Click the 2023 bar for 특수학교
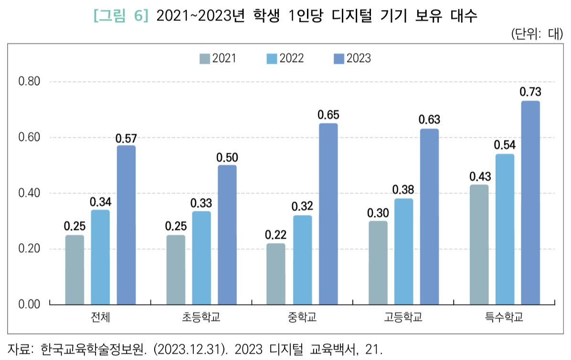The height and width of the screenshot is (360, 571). click(x=530, y=202)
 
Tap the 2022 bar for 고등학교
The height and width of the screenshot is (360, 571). click(x=403, y=251)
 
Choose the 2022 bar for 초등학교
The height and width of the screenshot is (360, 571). click(x=201, y=257)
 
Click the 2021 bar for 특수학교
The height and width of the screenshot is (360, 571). click(x=479, y=244)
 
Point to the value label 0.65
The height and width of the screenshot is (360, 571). click(x=328, y=115)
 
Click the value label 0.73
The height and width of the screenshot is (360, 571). click(x=530, y=92)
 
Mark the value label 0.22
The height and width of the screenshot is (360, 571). click(x=276, y=235)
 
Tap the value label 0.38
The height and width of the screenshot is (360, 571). click(x=403, y=190)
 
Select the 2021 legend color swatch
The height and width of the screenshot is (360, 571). click(x=205, y=59)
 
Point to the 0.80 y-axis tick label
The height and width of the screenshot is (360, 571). click(x=29, y=82)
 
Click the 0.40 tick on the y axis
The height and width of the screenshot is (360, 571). click(x=29, y=193)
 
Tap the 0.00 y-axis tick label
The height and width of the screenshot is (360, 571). click(x=29, y=304)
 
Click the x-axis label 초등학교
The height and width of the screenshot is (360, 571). click(x=201, y=317)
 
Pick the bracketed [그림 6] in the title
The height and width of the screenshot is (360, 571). click(x=121, y=16)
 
